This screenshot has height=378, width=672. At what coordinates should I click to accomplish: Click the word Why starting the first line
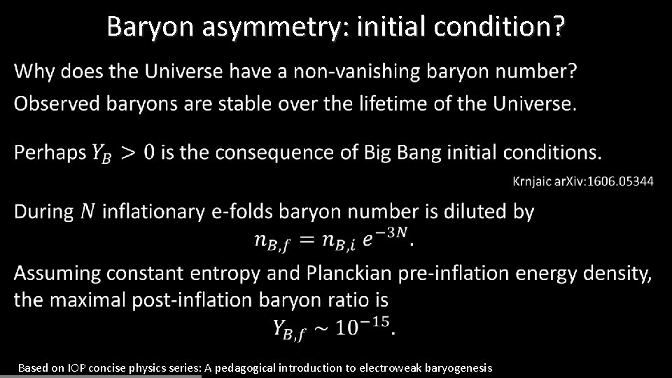35,71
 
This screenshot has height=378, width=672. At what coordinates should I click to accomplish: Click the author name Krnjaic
533,181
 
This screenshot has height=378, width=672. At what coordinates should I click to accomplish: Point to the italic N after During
87,211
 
